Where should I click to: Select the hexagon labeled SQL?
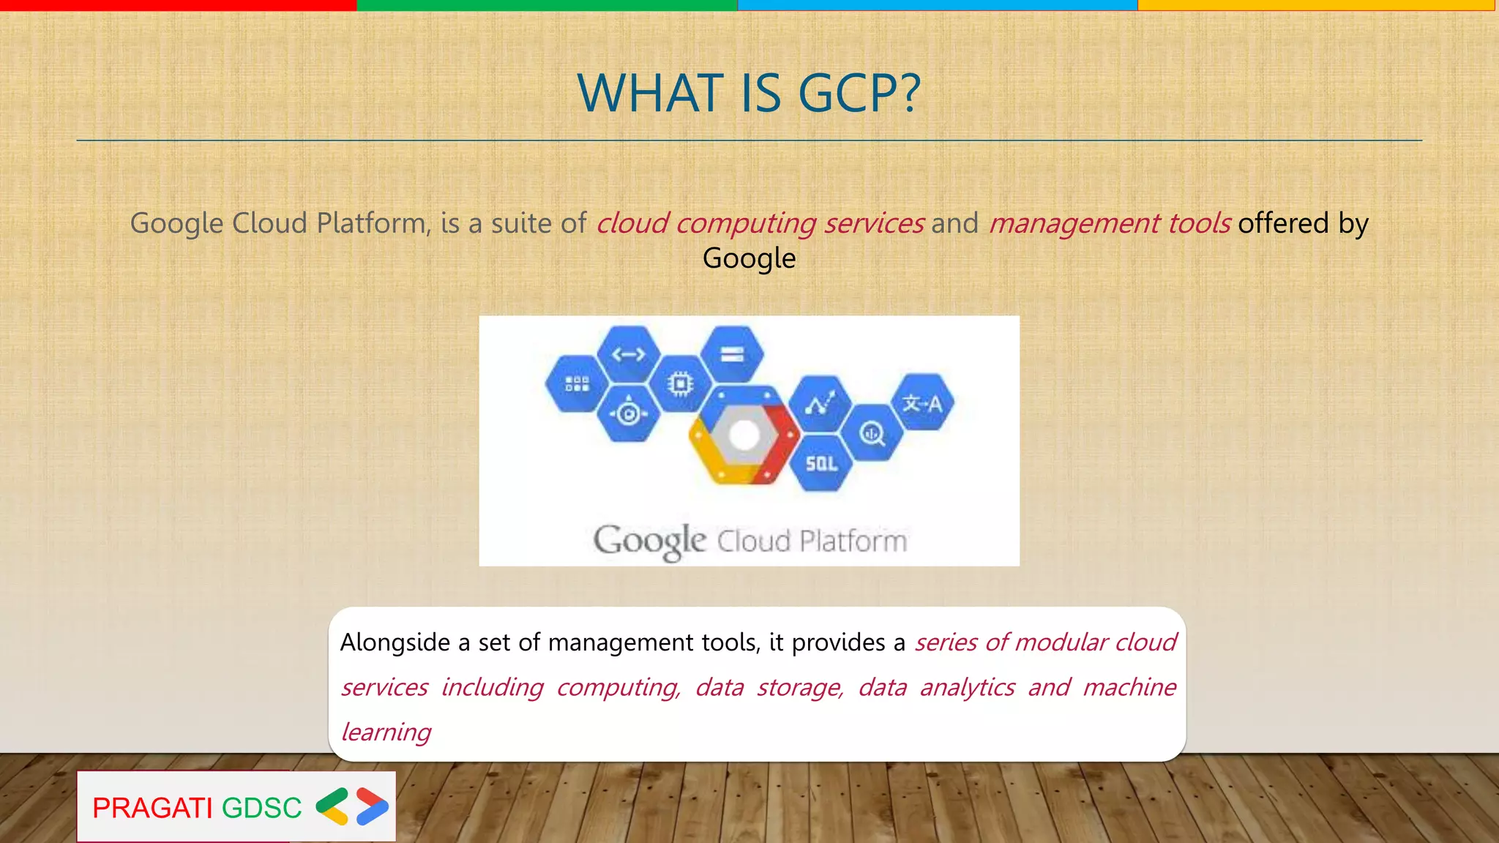click(821, 463)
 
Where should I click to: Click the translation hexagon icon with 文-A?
click(922, 402)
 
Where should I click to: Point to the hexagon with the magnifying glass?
click(871, 433)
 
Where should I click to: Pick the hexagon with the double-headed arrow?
click(629, 355)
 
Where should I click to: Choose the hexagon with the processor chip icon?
click(681, 383)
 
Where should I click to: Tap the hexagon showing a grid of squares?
click(577, 383)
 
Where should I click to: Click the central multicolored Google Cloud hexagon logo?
click(744, 435)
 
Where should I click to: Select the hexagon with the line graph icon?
click(820, 403)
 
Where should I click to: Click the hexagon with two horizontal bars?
click(732, 355)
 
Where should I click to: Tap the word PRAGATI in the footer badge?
click(152, 808)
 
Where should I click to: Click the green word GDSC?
click(261, 808)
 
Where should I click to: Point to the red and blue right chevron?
click(372, 806)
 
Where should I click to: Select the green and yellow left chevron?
click(332, 806)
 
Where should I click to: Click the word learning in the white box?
click(386, 732)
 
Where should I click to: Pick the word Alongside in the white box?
click(395, 642)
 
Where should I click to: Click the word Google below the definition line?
click(749, 258)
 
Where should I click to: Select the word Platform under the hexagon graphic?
click(853, 542)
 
